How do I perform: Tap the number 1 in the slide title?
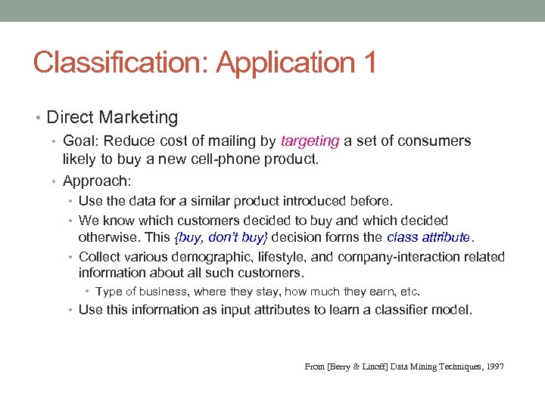tap(368, 62)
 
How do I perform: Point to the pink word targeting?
tap(310, 141)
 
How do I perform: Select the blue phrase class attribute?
tap(428, 237)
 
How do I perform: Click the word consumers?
tap(437, 141)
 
